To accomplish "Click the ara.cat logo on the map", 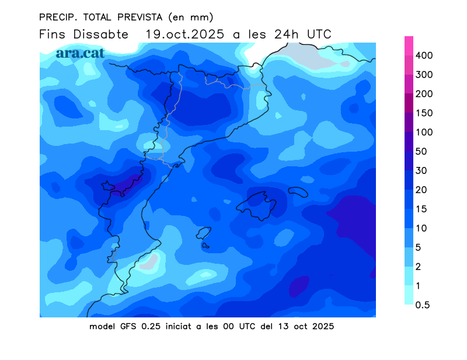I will [81, 53].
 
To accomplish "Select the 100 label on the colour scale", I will [424, 132].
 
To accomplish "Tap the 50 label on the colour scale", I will [421, 152].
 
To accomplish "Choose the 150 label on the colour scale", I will [424, 113].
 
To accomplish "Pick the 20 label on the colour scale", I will [421, 190].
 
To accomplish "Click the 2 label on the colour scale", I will [419, 267].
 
